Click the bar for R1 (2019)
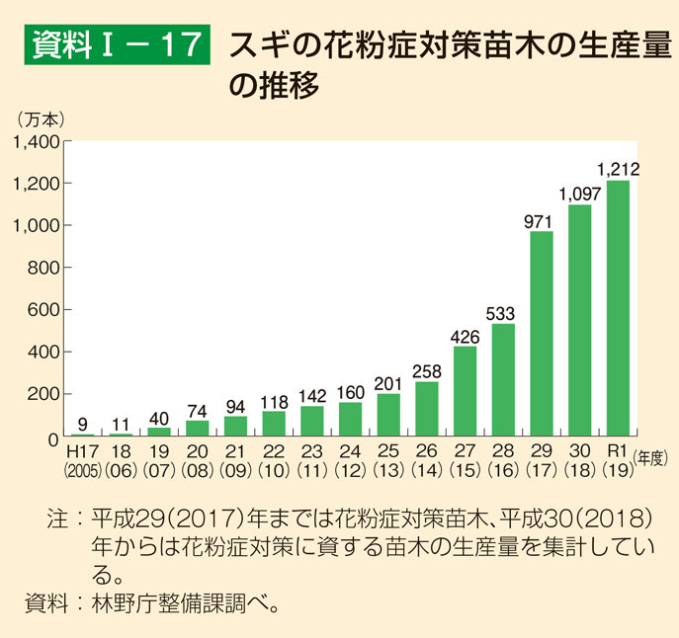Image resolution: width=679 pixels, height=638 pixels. click(x=618, y=308)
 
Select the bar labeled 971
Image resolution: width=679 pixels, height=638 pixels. click(x=542, y=334)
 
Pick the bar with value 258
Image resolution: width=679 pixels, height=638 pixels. click(x=427, y=409)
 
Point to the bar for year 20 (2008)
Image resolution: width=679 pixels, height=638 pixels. click(x=198, y=429)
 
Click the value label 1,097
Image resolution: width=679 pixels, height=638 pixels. click(x=579, y=195)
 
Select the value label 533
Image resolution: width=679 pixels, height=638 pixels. click(x=503, y=314)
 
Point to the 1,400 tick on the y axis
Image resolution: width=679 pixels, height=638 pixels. click(x=37, y=141)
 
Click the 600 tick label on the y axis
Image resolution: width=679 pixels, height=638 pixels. click(x=45, y=310)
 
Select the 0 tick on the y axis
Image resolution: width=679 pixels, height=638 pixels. click(x=55, y=437)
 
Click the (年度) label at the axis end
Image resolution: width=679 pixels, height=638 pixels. click(x=652, y=456)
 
